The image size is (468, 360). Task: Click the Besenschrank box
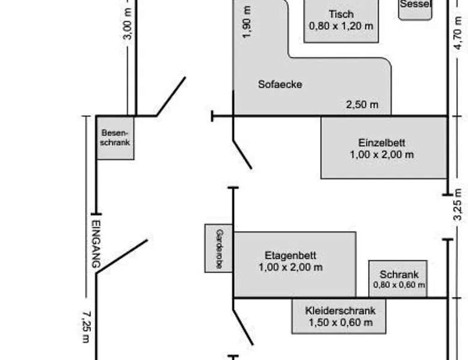pos(115,138)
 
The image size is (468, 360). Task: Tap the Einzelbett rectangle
pos(384,148)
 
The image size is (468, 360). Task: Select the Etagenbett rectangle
pos(295,264)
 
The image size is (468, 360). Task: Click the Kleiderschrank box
pos(339,316)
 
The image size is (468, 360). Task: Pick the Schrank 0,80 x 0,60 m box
pos(398,279)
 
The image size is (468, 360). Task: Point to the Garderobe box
pos(218,248)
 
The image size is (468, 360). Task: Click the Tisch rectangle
pos(341,21)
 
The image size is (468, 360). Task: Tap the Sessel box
pos(415,10)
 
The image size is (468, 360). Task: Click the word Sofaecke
pos(280,84)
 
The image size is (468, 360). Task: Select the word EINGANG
pos(96,244)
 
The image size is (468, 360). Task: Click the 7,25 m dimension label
pos(86,327)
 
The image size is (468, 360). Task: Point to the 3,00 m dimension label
pos(128,24)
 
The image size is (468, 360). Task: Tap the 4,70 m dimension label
pos(458,33)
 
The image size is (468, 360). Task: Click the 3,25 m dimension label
pos(458,204)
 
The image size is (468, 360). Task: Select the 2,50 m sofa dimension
pos(362,105)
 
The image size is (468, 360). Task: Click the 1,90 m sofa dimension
pos(247,22)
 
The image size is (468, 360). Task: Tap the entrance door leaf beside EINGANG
pos(122,256)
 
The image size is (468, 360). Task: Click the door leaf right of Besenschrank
pos(171,96)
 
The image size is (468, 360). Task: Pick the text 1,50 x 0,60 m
pos(340,322)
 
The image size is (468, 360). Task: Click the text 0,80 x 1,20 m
pos(341,26)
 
